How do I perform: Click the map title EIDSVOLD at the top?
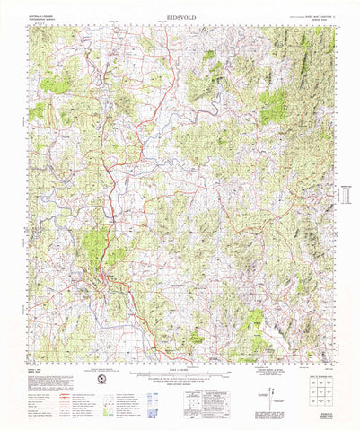pyautogui.click(x=180, y=17)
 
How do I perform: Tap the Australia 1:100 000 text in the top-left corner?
pyautogui.click(x=44, y=17)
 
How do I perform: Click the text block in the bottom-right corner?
pyautogui.click(x=321, y=414)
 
